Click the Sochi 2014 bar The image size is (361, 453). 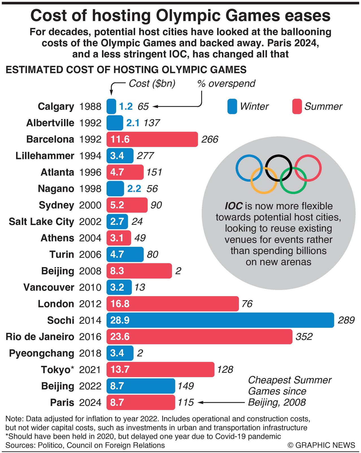tap(220, 320)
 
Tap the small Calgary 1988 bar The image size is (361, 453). tap(111, 106)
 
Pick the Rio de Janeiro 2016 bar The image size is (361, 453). tap(199, 337)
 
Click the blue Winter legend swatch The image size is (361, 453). tap(232, 106)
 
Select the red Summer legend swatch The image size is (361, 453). tap(297, 106)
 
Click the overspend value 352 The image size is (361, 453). tap(304, 337)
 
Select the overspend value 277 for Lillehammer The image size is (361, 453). tap(145, 156)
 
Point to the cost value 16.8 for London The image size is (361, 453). tap(120, 304)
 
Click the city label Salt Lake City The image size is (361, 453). tap(41, 221)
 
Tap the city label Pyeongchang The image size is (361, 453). tap(42, 353)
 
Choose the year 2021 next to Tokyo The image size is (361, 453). tap(90, 370)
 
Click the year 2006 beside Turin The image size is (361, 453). tap(90, 254)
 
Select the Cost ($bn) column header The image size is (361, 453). tap(152, 83)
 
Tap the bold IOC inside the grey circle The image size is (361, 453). tap(234, 206)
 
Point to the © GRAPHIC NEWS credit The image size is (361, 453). tap(321, 445)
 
